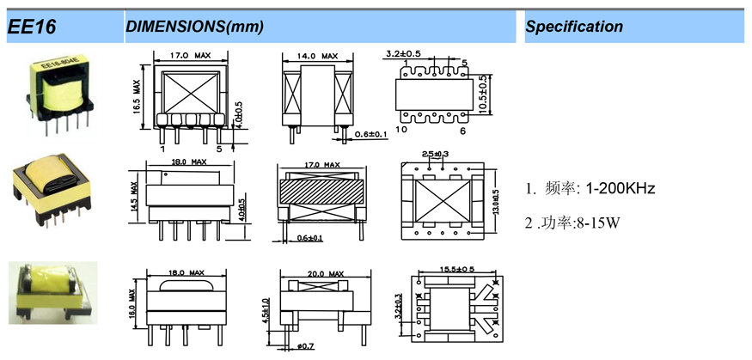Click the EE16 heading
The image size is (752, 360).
click(33, 27)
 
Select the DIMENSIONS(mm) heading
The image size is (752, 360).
click(194, 27)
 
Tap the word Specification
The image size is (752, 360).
click(574, 27)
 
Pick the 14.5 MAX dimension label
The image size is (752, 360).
click(134, 197)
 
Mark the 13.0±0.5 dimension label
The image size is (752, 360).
click(494, 200)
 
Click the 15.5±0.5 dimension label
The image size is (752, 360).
click(455, 270)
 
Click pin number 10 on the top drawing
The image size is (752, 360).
click(400, 130)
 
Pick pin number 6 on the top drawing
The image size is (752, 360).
click(462, 130)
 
